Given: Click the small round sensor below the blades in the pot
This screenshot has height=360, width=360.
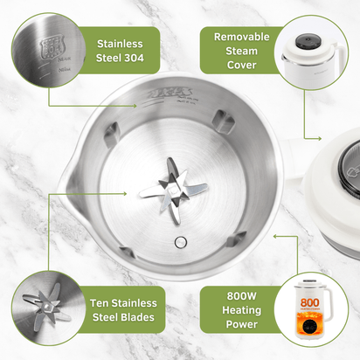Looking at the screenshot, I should pos(180,241).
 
